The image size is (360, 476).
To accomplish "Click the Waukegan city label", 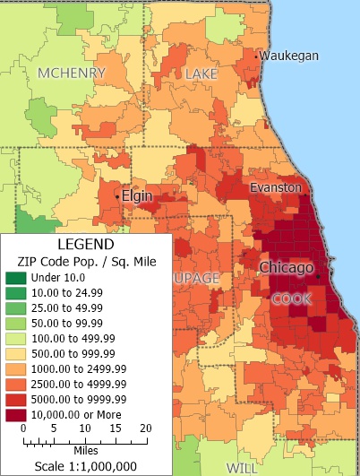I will [x=289, y=56].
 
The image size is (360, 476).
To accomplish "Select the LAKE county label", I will [x=202, y=74].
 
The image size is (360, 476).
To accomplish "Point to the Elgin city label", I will [x=137, y=195].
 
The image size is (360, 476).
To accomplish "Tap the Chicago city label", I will [x=287, y=267].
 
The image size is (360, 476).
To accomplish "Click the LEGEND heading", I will [x=86, y=244].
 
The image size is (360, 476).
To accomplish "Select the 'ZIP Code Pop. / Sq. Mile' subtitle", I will [x=86, y=261].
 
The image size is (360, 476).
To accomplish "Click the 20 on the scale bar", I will [x=144, y=428].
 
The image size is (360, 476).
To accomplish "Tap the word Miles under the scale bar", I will [x=86, y=451].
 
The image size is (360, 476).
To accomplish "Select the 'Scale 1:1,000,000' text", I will [x=86, y=466].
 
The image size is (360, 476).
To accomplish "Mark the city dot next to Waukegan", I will [x=256, y=56].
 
